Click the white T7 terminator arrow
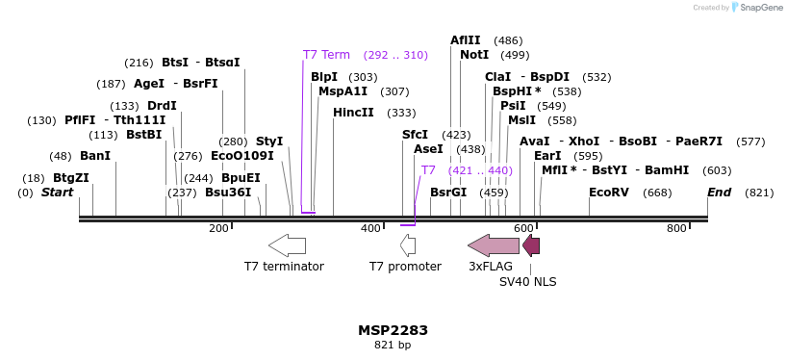point(287,244)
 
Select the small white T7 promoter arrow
point(408,244)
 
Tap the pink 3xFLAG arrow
point(493,244)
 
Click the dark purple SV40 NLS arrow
point(531,244)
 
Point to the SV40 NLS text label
point(527,282)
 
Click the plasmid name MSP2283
point(393,330)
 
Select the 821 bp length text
point(393,345)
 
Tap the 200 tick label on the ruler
point(218,228)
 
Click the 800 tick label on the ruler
point(676,228)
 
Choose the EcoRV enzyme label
point(608,193)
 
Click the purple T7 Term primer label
point(326,55)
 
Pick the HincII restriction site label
point(353,113)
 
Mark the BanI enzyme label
point(95,156)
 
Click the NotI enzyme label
point(474,55)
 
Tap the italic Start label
point(57,193)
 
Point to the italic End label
point(719,193)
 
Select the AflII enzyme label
point(466,40)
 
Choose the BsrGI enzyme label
point(448,193)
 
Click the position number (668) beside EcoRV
point(657,193)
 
